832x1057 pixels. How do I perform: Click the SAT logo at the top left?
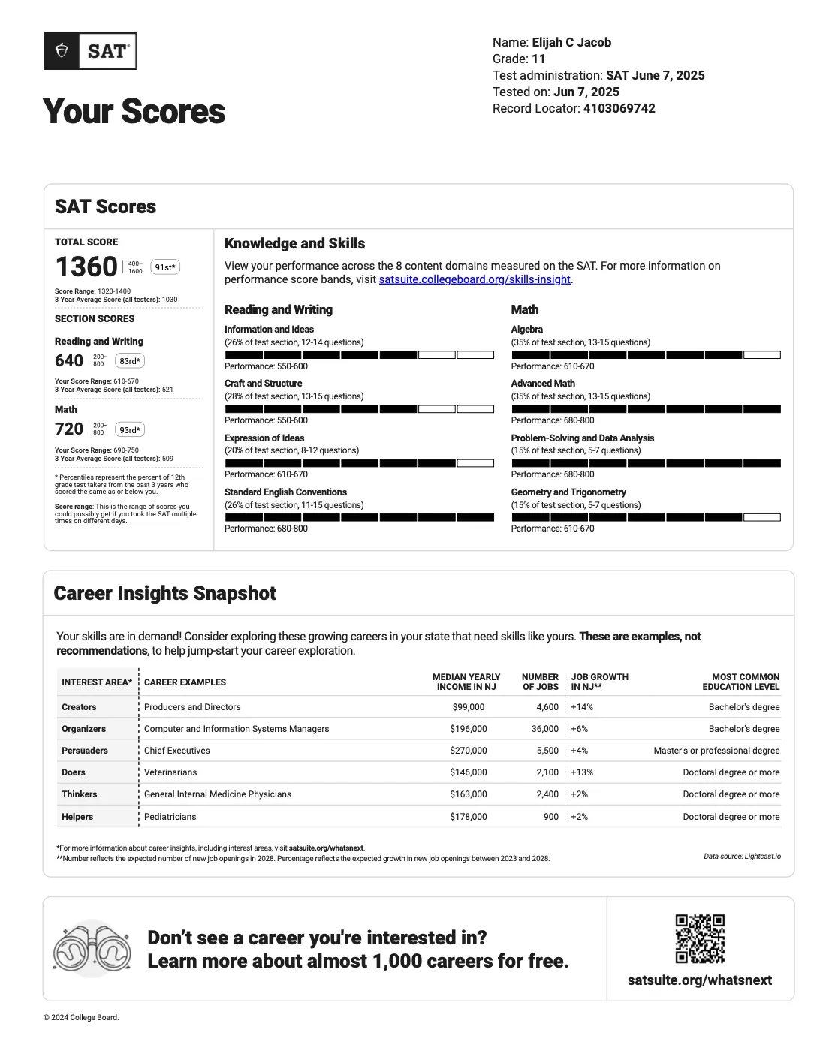pos(90,51)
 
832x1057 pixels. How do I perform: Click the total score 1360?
pos(86,267)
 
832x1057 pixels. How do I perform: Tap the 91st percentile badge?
pos(165,267)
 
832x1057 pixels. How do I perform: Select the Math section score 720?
pos(69,429)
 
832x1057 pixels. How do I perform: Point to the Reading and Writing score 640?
pos(69,361)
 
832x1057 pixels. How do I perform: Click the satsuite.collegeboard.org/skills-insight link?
pos(475,279)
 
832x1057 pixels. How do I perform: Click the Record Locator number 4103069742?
pos(619,108)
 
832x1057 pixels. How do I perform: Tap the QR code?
pos(700,938)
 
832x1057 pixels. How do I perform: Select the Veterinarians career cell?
pos(170,772)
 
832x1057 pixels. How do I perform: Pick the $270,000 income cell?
pos(469,751)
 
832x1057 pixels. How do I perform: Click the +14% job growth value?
pos(582,707)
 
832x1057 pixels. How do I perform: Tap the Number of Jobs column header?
pos(541,682)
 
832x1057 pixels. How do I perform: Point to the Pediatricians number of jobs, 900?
pos(551,817)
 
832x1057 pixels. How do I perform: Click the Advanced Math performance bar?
pos(646,409)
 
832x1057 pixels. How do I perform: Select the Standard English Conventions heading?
pos(285,492)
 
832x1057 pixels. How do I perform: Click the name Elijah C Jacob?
pos(571,42)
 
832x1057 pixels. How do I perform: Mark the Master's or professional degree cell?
pos(716,751)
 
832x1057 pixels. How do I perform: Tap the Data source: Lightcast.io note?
pos(742,856)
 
